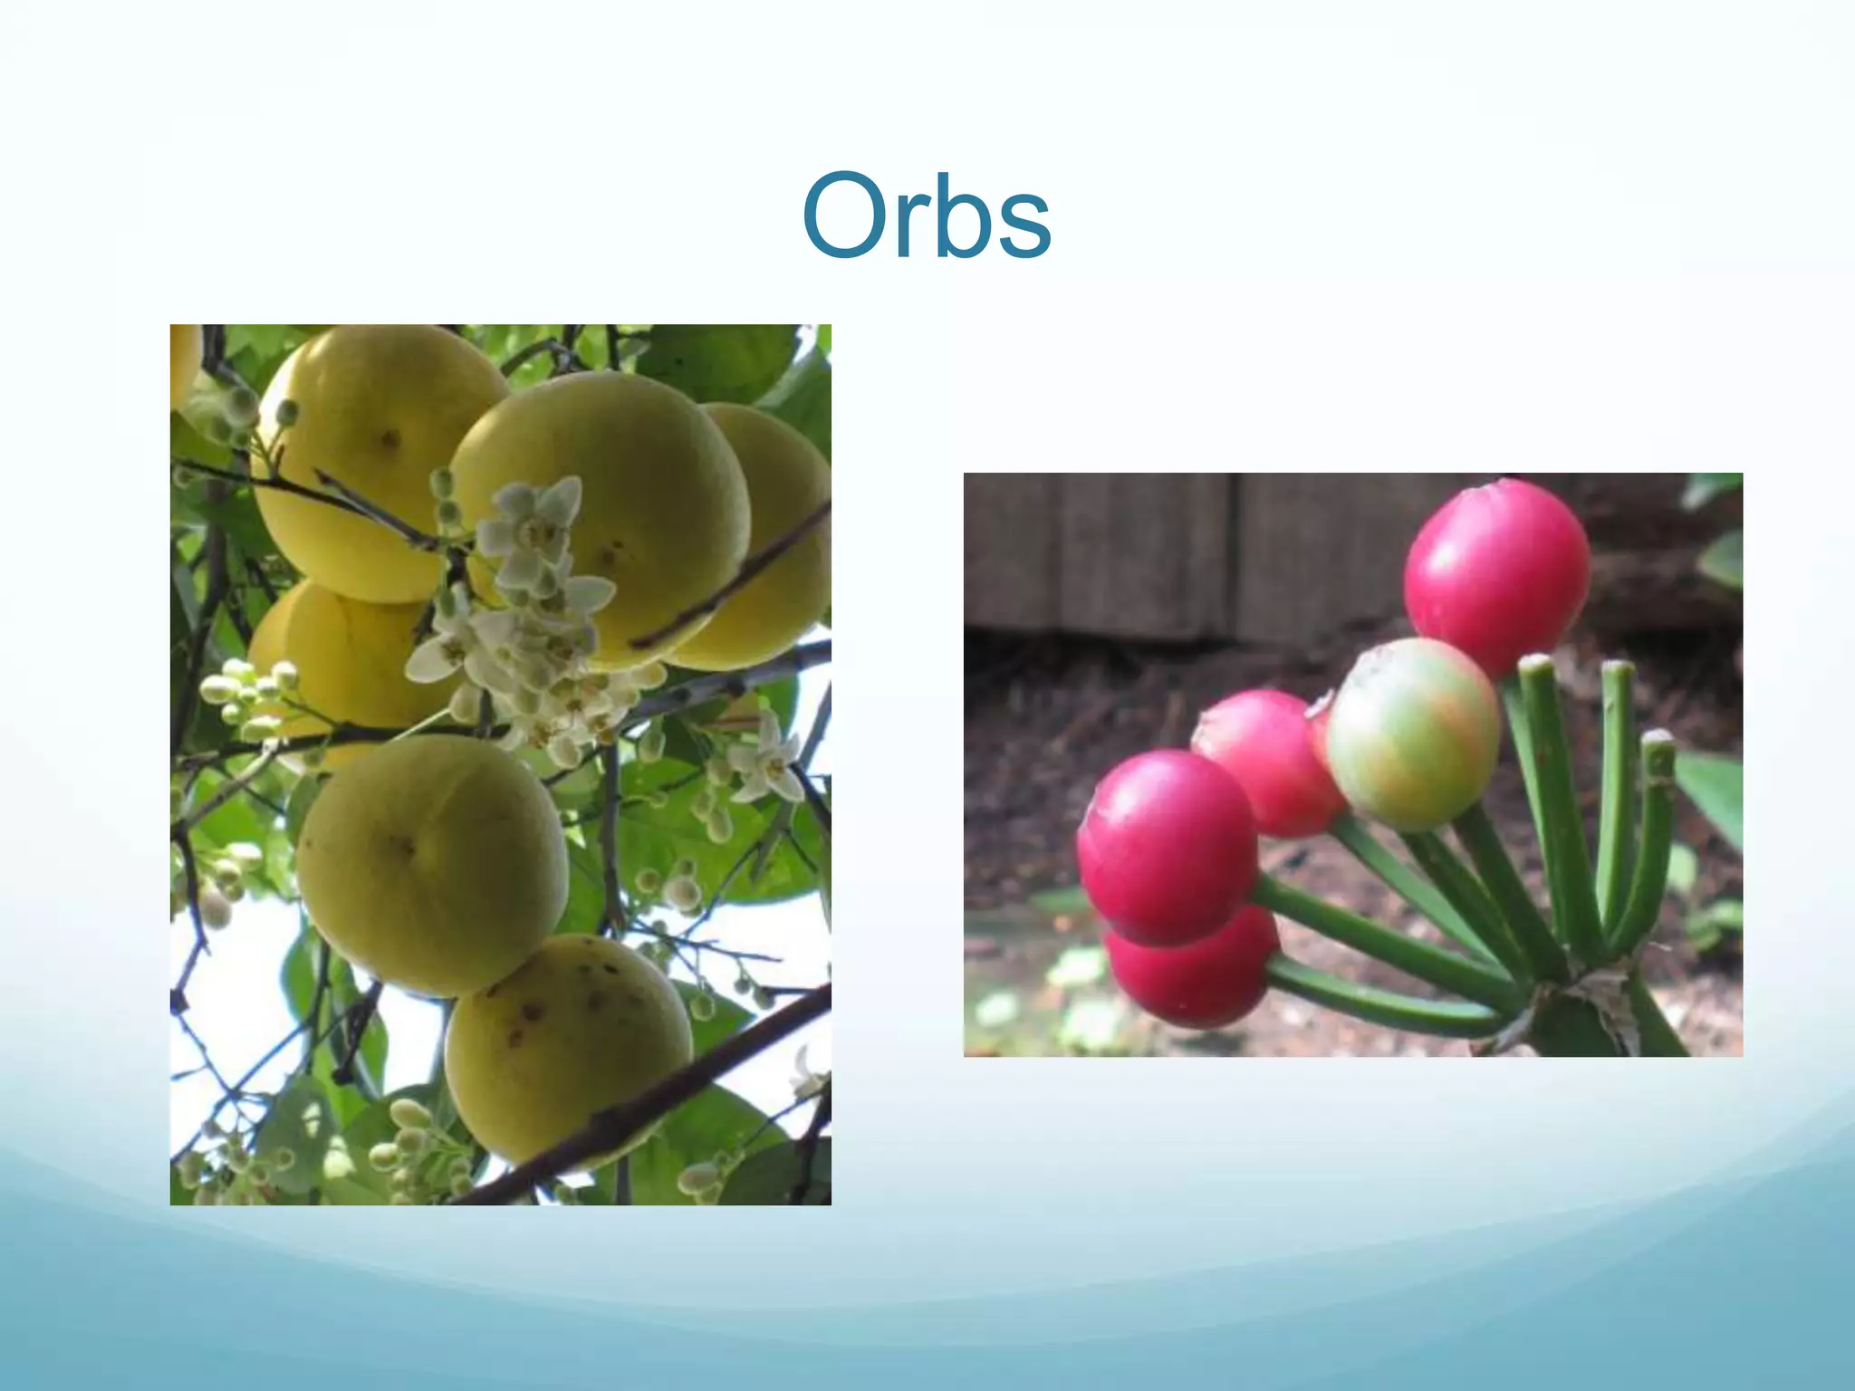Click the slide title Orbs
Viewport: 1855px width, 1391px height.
926,217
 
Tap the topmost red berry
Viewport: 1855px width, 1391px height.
1496,576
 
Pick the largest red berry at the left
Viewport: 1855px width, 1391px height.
1167,846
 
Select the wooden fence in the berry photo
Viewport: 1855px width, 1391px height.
1177,552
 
